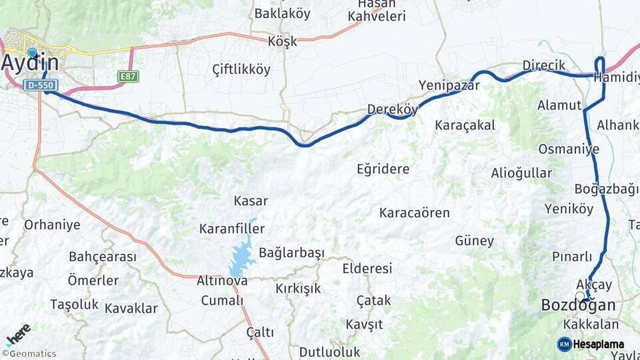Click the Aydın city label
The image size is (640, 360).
30,63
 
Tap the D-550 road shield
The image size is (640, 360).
41,85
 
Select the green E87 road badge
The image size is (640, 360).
128,77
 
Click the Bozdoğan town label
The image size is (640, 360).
578,305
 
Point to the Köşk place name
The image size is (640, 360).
282,41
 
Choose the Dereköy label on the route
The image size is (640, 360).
392,109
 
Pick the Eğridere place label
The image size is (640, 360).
383,169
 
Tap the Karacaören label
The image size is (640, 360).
414,213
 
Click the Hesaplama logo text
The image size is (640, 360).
598,345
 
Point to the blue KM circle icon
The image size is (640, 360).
564,345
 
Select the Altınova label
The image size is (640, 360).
222,281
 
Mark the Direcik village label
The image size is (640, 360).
543,65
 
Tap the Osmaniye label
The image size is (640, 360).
569,149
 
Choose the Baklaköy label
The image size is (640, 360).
282,13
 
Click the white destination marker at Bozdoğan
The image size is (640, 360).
580,295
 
